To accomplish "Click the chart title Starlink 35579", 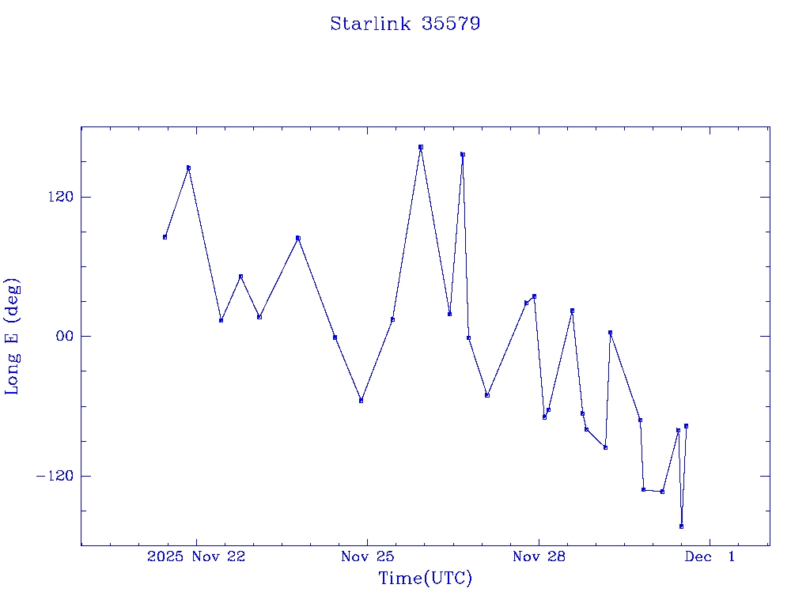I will click(x=405, y=24).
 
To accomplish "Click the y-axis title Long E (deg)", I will click(x=13, y=336).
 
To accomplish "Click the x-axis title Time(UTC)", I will click(x=426, y=579).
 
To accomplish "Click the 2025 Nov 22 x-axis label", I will click(x=196, y=556).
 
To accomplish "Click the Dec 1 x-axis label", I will click(x=710, y=556).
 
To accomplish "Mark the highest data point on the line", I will click(x=421, y=147).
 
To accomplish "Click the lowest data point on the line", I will click(x=681, y=526).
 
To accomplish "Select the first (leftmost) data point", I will click(x=165, y=237).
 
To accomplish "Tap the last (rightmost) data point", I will click(x=686, y=426).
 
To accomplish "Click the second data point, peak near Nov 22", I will click(x=188, y=168).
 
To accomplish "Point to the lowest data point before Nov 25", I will click(x=361, y=401).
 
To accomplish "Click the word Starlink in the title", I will click(x=370, y=24).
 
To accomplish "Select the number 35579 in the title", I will click(x=451, y=24).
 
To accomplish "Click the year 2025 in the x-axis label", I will click(x=166, y=556).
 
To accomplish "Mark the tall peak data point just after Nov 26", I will click(x=463, y=155).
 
